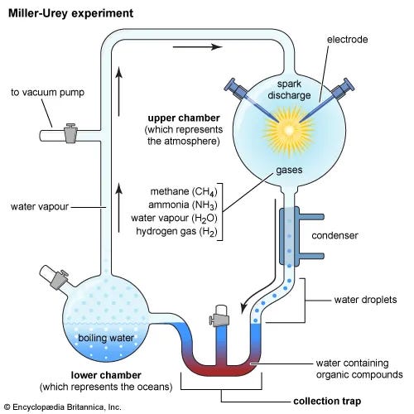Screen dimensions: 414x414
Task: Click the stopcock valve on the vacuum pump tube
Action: click(70, 132)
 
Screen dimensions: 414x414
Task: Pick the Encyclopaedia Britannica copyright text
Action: click(62, 407)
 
